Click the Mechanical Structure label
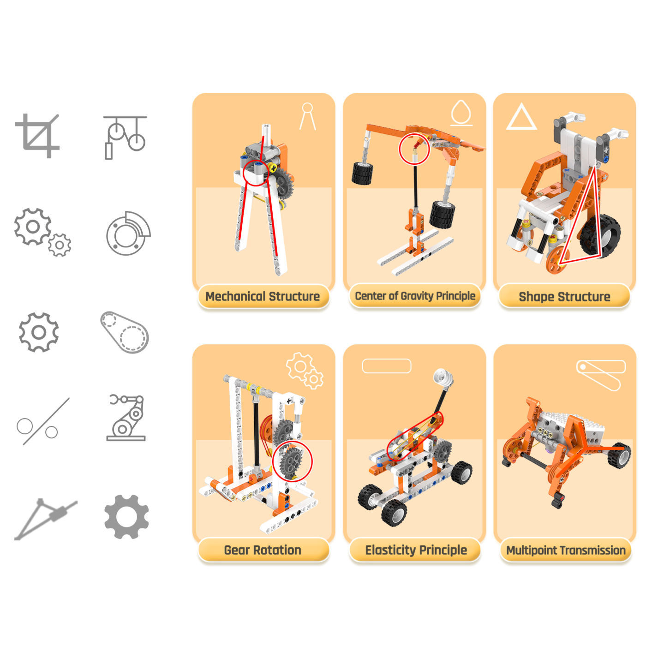pyautogui.click(x=263, y=296)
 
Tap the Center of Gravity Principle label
pyautogui.click(x=415, y=296)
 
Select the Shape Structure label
pyautogui.click(x=564, y=297)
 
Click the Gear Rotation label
pyautogui.click(x=263, y=550)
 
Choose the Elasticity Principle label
pyautogui.click(x=416, y=550)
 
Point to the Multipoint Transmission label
pyautogui.click(x=566, y=550)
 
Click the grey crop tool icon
pyautogui.click(x=37, y=136)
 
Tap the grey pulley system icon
pyautogui.click(x=125, y=137)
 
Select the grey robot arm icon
pyautogui.click(x=126, y=418)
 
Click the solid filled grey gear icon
pyautogui.click(x=126, y=517)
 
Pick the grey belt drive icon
pyautogui.click(x=125, y=332)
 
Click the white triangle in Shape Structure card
pyautogui.click(x=521, y=117)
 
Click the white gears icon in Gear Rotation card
pyautogui.click(x=305, y=371)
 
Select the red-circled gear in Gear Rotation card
pyautogui.click(x=292, y=461)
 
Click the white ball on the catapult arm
pyautogui.click(x=443, y=378)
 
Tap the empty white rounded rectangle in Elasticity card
pyautogui.click(x=387, y=366)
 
